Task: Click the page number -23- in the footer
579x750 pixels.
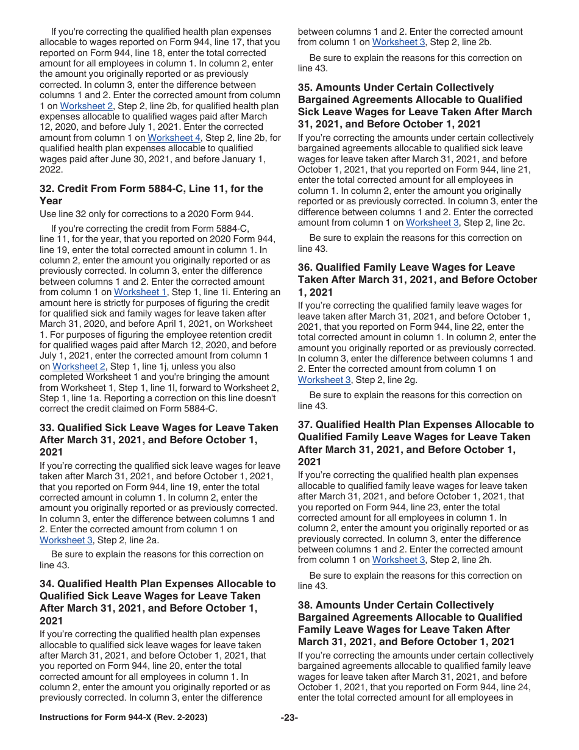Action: click(x=289, y=718)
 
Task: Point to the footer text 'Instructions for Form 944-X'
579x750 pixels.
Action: click(x=123, y=718)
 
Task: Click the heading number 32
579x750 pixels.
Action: click(x=47, y=188)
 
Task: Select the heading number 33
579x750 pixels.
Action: click(x=47, y=428)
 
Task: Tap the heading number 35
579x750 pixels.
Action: click(x=305, y=88)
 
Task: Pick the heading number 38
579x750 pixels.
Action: click(x=305, y=605)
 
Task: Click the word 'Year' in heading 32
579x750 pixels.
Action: click(x=51, y=201)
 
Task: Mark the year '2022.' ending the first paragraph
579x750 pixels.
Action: click(x=51, y=170)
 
